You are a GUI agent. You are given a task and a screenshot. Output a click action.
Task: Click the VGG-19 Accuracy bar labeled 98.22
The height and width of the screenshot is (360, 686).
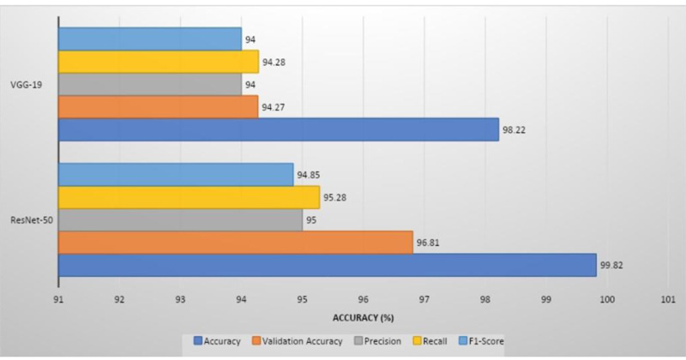(x=278, y=129)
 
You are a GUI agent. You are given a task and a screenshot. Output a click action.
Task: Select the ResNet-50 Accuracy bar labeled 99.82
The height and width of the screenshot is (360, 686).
(x=327, y=265)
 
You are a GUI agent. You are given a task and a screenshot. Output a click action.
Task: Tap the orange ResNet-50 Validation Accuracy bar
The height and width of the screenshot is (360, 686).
(x=235, y=243)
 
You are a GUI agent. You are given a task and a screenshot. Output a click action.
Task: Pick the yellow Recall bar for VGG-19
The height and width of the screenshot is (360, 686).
(x=158, y=62)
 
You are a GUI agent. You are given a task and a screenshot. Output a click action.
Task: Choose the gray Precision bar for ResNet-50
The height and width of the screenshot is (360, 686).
(x=180, y=220)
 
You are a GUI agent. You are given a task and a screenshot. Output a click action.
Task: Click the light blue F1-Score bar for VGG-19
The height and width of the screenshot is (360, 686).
(x=149, y=39)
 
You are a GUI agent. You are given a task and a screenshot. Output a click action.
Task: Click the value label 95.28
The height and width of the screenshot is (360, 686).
(x=333, y=198)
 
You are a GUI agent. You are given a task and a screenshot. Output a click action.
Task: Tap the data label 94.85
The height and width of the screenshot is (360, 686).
(x=307, y=176)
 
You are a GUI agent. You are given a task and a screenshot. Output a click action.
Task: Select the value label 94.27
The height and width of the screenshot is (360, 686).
(x=272, y=107)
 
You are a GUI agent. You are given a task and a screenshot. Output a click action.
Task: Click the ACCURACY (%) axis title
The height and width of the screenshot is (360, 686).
(x=363, y=317)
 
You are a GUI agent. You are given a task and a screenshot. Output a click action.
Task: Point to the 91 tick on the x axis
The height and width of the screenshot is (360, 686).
(x=57, y=300)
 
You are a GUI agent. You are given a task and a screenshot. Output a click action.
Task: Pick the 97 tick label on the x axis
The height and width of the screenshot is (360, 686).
(x=424, y=300)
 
